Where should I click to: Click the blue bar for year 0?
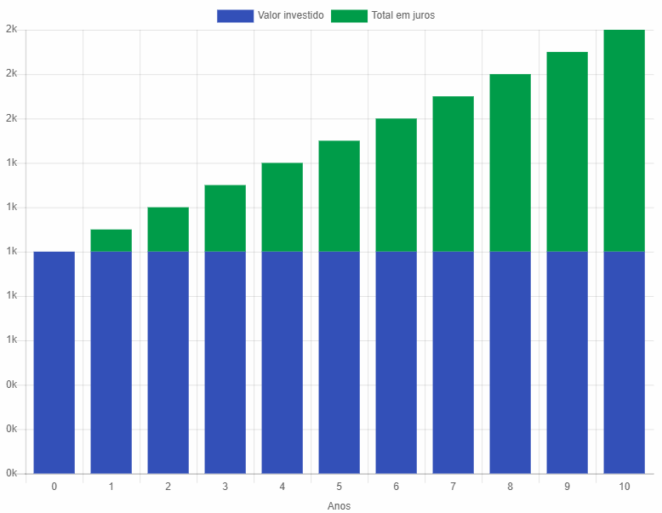pos(54,362)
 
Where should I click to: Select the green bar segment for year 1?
pos(111,241)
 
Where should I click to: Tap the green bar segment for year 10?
pos(624,140)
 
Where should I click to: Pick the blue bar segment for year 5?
pos(339,362)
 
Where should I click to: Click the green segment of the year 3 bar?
pos(225,219)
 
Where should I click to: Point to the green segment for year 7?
pos(453,174)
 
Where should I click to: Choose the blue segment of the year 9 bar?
pos(567,362)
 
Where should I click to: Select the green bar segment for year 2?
pos(168,230)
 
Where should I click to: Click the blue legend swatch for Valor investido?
pos(235,15)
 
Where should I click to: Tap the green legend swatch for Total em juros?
pos(349,15)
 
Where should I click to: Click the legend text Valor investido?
pos(290,15)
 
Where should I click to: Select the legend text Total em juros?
pos(403,15)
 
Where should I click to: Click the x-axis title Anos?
pos(339,505)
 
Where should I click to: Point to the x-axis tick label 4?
pos(282,487)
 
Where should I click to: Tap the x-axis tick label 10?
pos(624,487)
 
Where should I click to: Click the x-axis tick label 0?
pos(54,487)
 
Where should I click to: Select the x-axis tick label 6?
pos(396,487)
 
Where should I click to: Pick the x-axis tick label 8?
pos(510,487)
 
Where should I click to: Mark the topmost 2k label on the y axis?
pos(11,30)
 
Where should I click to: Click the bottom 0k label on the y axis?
pos(11,473)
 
